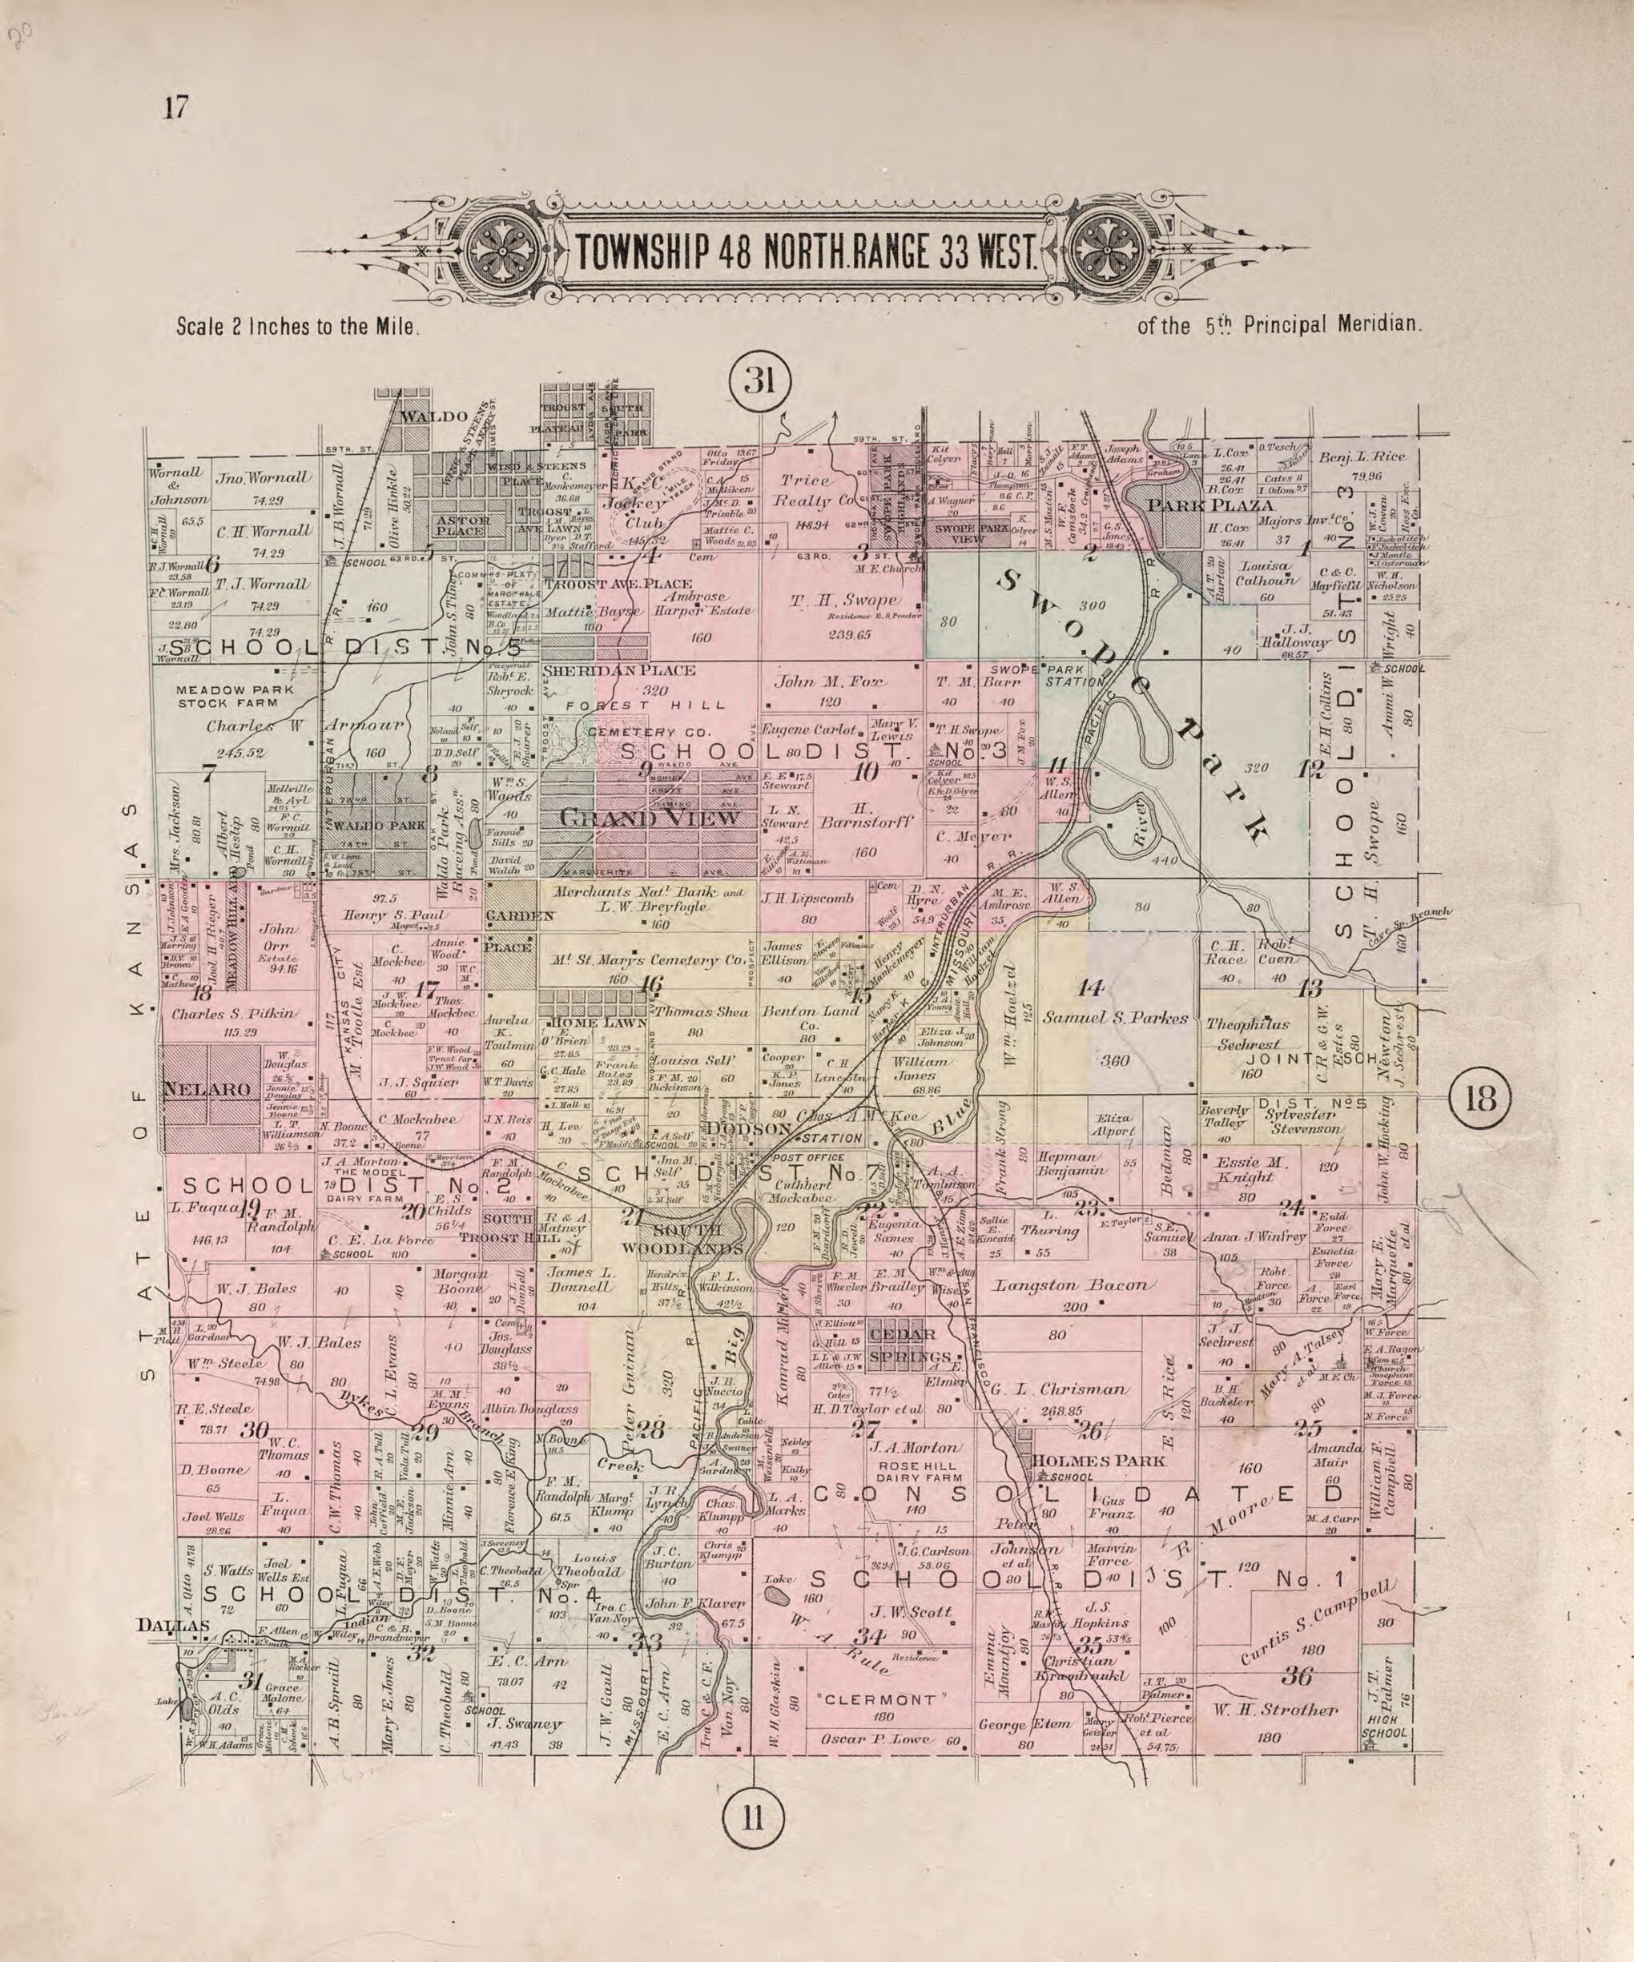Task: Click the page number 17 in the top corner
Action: (175, 108)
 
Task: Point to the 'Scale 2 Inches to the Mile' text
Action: (296, 328)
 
